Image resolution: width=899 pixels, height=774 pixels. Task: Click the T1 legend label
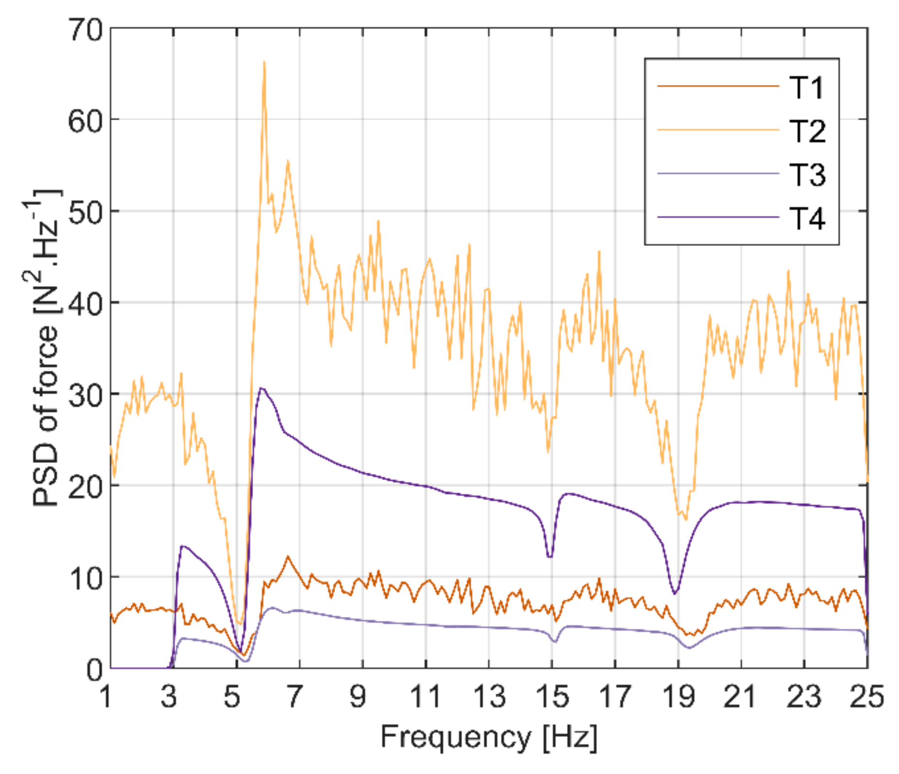coord(806,88)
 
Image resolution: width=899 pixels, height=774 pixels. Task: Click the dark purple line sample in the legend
coord(718,217)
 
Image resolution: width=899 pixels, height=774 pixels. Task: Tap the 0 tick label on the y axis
coord(95,670)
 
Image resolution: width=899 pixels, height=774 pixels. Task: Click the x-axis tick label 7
coord(294,696)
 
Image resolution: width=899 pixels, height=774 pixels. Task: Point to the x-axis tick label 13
coord(489,696)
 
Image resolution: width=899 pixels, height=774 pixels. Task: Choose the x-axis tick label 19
coord(678,696)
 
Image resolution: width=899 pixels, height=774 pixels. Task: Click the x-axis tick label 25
coord(867,696)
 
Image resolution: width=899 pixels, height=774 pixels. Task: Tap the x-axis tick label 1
coord(106,696)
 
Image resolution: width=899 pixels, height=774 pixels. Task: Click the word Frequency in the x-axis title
coord(456,738)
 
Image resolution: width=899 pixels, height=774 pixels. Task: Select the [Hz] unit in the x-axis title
coord(570,738)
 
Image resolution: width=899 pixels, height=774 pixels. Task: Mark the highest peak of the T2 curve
coord(264,62)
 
